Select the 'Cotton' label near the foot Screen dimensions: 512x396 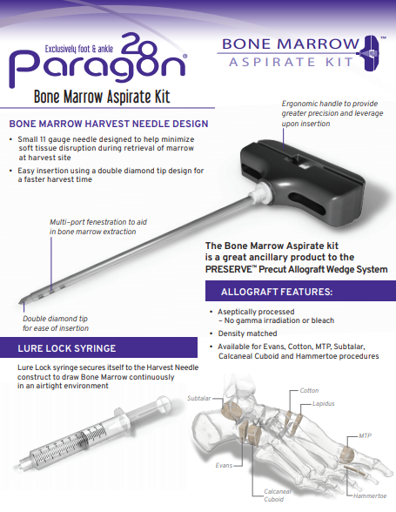click(309, 391)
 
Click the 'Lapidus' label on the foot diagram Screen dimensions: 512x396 click(323, 405)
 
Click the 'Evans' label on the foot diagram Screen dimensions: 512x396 click(224, 466)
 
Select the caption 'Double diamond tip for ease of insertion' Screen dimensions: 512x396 click(56, 324)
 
